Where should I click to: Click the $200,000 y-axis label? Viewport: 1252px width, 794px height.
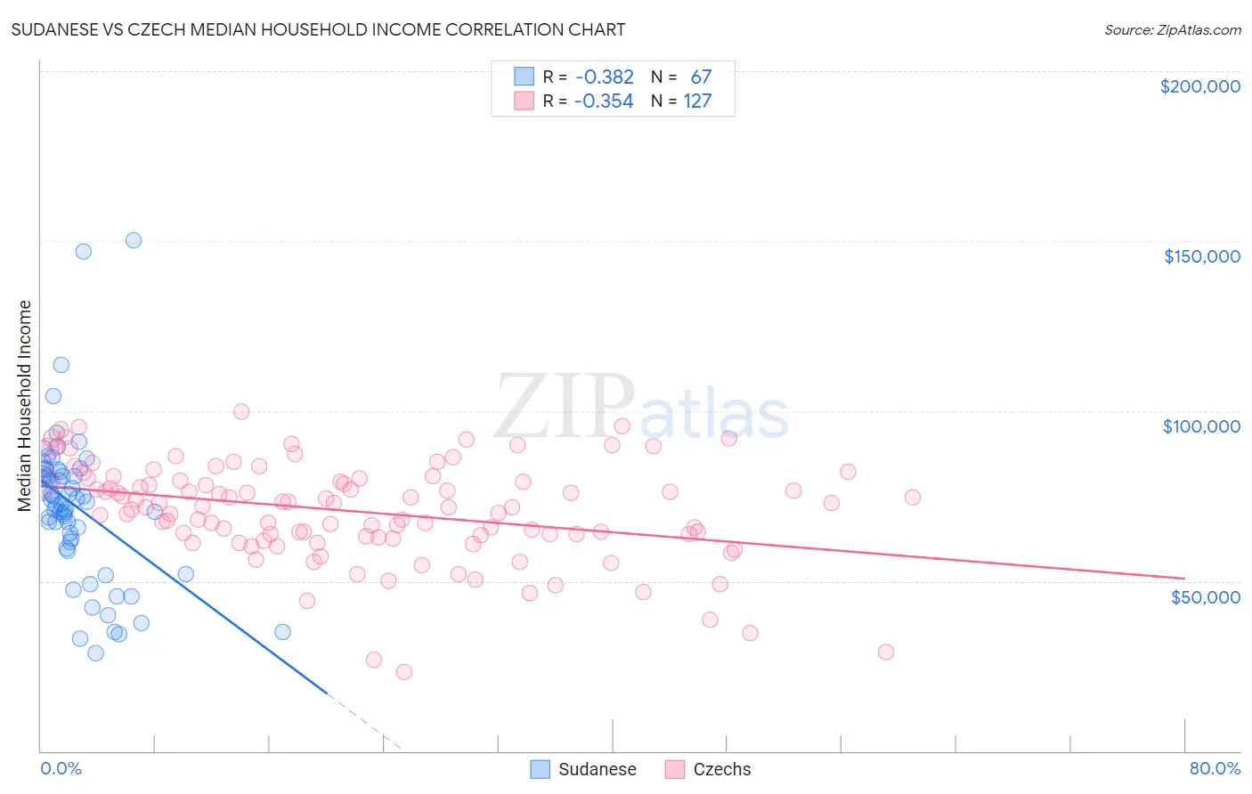click(x=1199, y=86)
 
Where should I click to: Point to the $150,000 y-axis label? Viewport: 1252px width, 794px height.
click(x=1201, y=256)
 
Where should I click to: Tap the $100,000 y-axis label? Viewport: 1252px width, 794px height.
click(x=1201, y=426)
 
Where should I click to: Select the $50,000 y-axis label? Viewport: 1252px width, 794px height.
click(x=1205, y=596)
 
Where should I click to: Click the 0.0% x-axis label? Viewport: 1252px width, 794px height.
click(x=61, y=768)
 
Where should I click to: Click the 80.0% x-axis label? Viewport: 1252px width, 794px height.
click(x=1215, y=768)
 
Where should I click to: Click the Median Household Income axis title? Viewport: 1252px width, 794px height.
click(x=25, y=406)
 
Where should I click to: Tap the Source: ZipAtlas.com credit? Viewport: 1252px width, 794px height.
click(x=1172, y=29)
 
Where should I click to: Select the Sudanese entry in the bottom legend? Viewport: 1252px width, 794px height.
click(x=597, y=769)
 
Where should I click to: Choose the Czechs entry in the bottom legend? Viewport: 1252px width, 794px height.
click(x=721, y=769)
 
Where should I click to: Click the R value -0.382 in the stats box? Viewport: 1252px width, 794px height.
click(x=605, y=77)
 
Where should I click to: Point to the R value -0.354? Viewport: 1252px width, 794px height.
click(x=604, y=101)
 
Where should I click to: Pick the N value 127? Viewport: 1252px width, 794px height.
click(x=697, y=101)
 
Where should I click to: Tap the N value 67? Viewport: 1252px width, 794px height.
click(x=701, y=77)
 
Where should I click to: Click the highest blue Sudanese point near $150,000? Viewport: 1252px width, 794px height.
click(x=134, y=240)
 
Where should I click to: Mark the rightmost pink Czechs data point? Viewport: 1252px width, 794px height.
click(x=912, y=498)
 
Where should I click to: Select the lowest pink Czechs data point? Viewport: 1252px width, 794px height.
click(x=403, y=672)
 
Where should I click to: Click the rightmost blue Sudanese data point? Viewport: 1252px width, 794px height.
click(x=282, y=632)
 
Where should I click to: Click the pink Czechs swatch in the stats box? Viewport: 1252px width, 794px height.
click(x=524, y=101)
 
